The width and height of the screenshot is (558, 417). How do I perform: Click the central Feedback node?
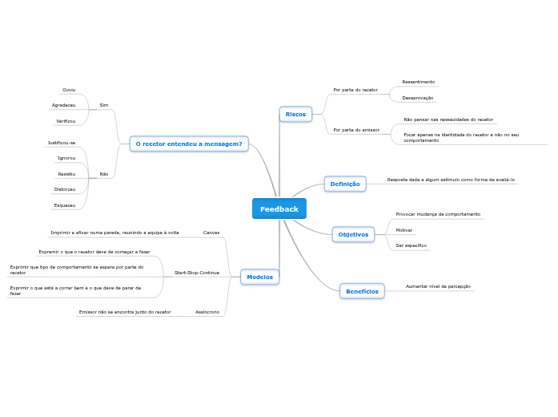click(x=279, y=208)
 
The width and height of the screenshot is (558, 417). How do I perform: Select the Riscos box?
click(x=295, y=114)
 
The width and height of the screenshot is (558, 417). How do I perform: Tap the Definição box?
click(x=345, y=184)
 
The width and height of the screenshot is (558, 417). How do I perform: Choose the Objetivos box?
click(x=353, y=234)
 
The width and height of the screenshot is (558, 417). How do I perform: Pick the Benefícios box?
click(x=362, y=291)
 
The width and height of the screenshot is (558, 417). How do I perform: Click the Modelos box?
click(x=259, y=277)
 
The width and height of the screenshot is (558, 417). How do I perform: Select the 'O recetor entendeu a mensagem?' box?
click(x=189, y=144)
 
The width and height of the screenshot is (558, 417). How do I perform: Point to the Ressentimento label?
click(x=418, y=82)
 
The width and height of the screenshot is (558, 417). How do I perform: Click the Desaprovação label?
click(x=417, y=98)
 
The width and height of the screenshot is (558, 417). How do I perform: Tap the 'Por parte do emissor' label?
click(x=356, y=130)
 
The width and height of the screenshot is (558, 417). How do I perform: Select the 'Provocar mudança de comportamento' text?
click(x=438, y=214)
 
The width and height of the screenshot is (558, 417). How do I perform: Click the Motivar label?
click(x=404, y=230)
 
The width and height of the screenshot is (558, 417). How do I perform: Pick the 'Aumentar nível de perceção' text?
click(x=438, y=286)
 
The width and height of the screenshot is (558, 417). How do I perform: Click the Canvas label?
click(x=211, y=233)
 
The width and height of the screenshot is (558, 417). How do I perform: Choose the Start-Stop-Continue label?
click(x=197, y=273)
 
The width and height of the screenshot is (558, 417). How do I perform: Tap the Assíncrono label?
click(x=207, y=312)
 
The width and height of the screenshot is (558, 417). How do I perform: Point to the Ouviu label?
click(x=69, y=90)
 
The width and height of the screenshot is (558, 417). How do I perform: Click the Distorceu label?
click(x=65, y=189)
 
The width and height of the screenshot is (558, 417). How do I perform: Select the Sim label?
click(x=104, y=105)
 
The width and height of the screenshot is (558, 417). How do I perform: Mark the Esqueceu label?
click(x=65, y=205)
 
